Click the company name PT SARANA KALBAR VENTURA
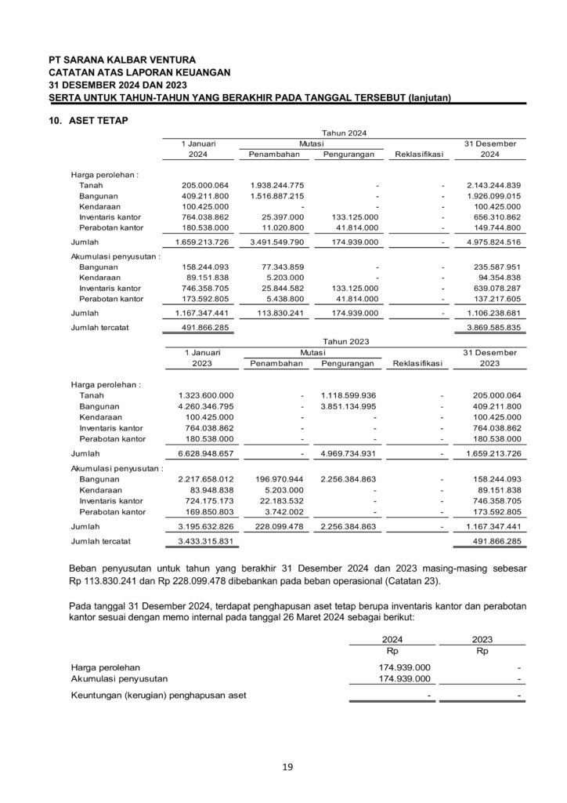click(x=121, y=59)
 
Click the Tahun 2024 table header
click(x=345, y=134)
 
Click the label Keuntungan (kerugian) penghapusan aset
click(x=158, y=695)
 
